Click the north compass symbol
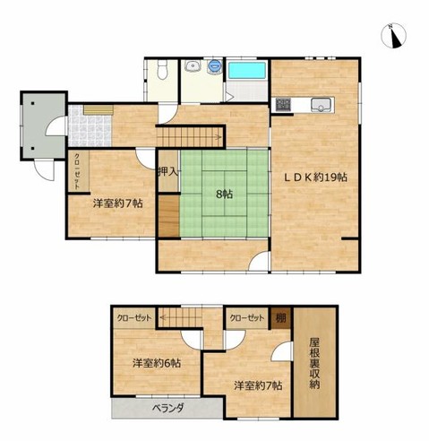point(394,36)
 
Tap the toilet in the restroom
point(162,70)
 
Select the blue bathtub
point(247,71)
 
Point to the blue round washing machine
point(214,65)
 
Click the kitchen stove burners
point(283,105)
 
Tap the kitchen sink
point(322,105)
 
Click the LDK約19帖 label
point(315,177)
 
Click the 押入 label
point(168,172)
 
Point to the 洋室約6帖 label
point(157,363)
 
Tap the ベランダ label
point(168,408)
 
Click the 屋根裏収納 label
point(314,363)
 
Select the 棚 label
point(280,318)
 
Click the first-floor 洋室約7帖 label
point(117,203)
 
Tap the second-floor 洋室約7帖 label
point(258,385)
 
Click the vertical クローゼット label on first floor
point(77,171)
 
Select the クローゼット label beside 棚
point(247,318)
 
